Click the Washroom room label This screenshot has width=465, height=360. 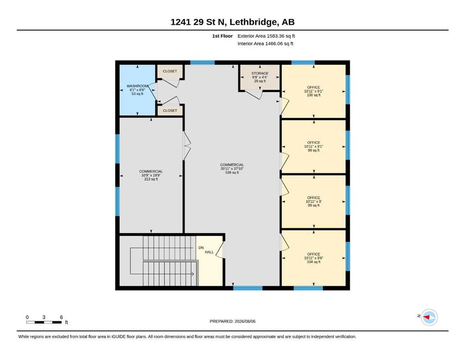coord(137,86)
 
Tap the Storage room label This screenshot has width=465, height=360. coord(260,73)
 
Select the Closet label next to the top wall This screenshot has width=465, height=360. coord(170,71)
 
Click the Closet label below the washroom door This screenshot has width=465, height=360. coord(170,111)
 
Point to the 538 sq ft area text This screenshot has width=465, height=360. coord(232,172)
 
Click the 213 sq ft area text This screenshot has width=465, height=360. coord(151,179)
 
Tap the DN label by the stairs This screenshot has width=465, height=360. coord(201,247)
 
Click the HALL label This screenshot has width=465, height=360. coord(209,252)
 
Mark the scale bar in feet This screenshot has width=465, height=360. coord(44,322)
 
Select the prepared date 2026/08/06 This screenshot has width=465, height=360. coord(245,321)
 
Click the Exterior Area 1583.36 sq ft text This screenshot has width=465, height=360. coord(266,36)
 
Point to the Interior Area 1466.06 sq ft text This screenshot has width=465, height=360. coord(266,44)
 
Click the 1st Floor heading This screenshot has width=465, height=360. coord(222,36)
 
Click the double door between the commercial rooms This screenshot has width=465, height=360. coord(187,146)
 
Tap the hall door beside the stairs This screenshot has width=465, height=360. coord(220,250)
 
